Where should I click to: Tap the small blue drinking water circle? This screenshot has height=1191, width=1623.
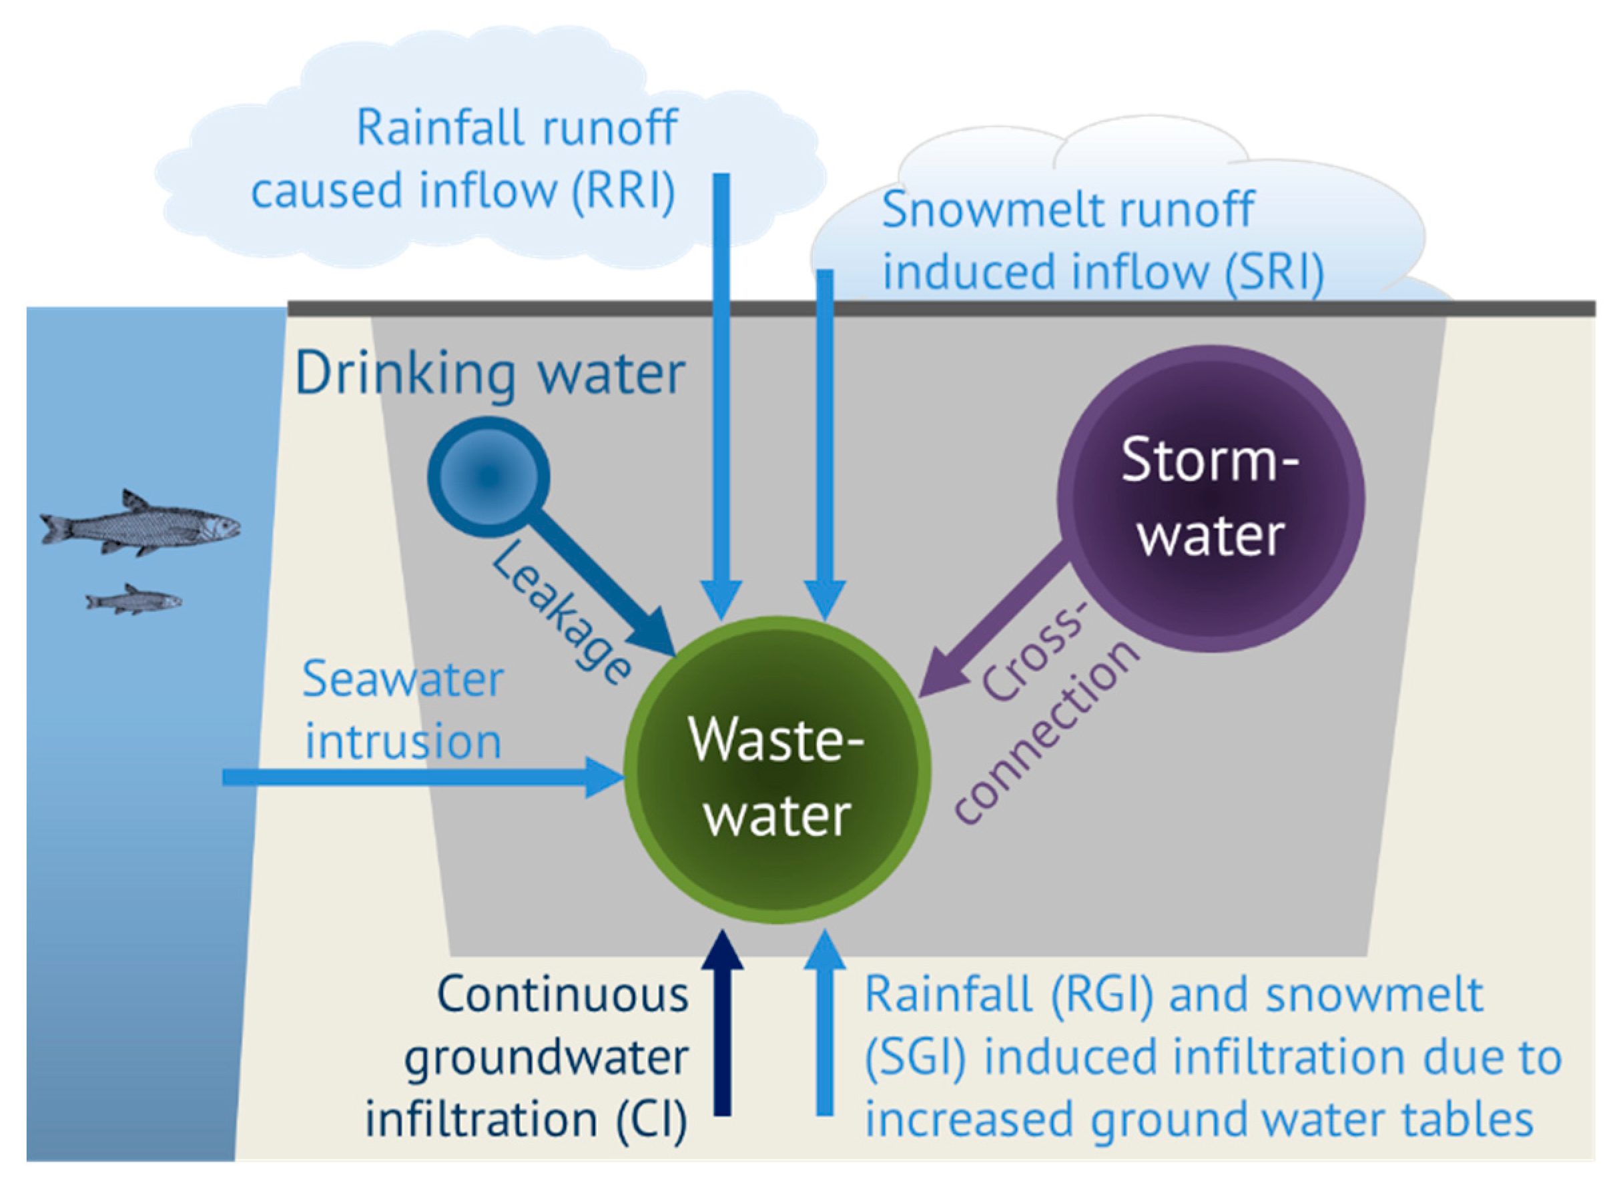click(x=488, y=476)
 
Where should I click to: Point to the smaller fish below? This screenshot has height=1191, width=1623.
click(x=134, y=601)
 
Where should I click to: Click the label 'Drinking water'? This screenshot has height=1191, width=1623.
click(x=490, y=374)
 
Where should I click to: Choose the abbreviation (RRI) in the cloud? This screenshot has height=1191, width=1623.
click(x=624, y=191)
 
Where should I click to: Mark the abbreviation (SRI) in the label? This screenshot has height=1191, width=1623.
click(x=1274, y=272)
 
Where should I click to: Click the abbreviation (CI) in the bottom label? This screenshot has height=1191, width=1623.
click(x=651, y=1120)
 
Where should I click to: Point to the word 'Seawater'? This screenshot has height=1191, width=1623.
click(x=402, y=679)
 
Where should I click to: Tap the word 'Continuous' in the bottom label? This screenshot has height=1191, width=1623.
click(x=563, y=996)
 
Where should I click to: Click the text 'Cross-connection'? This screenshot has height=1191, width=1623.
click(x=1046, y=714)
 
